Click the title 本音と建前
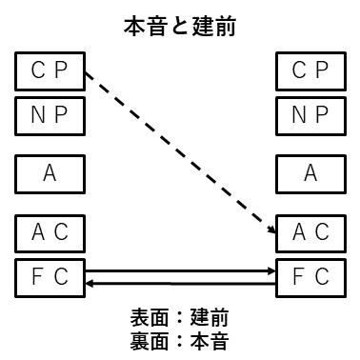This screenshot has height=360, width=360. [x=179, y=27]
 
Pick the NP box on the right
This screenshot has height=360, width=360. [x=310, y=115]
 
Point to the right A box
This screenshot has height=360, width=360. [x=310, y=172]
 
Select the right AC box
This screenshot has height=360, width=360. [x=310, y=230]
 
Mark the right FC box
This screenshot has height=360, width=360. [x=310, y=276]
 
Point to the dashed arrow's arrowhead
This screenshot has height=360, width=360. [x=270, y=226]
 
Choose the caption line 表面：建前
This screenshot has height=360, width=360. [x=179, y=317]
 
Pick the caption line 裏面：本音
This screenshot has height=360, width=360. [x=179, y=339]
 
